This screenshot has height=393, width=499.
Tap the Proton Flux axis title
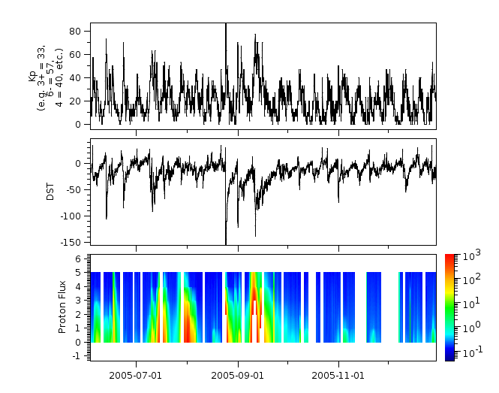click(x=63, y=307)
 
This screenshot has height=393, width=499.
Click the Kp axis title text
click(x=41, y=75)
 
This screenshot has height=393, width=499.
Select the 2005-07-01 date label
click(x=136, y=374)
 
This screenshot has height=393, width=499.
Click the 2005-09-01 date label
click(x=237, y=374)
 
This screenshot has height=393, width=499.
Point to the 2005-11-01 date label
click(x=338, y=374)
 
